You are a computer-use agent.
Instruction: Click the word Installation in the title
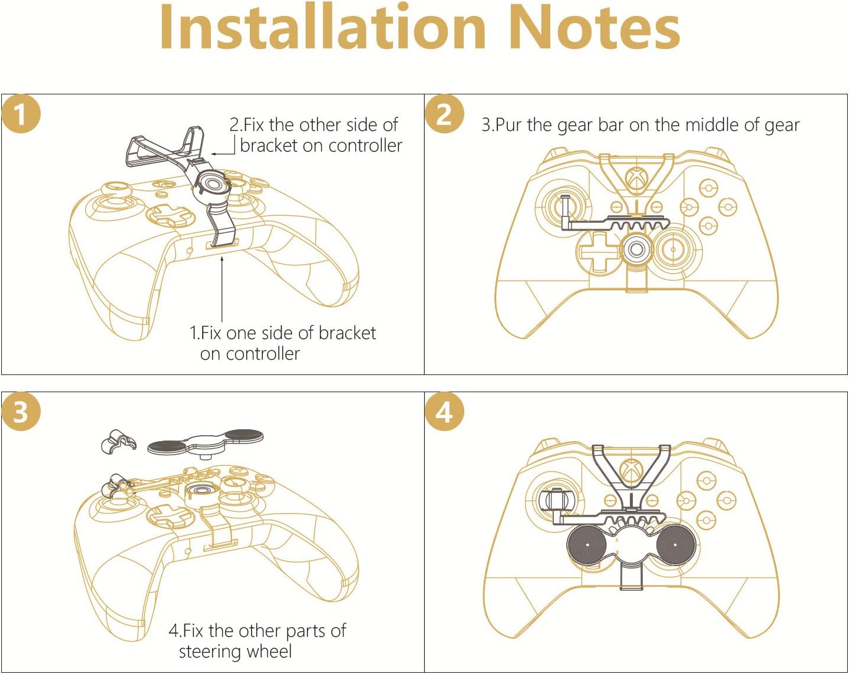(322, 28)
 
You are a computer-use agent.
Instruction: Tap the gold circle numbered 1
(21, 114)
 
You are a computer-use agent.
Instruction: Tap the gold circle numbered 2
(444, 114)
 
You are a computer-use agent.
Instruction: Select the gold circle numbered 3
(21, 412)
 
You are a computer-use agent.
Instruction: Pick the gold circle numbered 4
(444, 412)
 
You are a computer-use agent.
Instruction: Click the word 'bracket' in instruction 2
(268, 146)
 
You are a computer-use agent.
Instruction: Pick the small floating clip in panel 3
(117, 442)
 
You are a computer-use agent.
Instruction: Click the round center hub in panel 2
(636, 249)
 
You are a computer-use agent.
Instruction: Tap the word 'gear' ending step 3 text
(782, 126)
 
